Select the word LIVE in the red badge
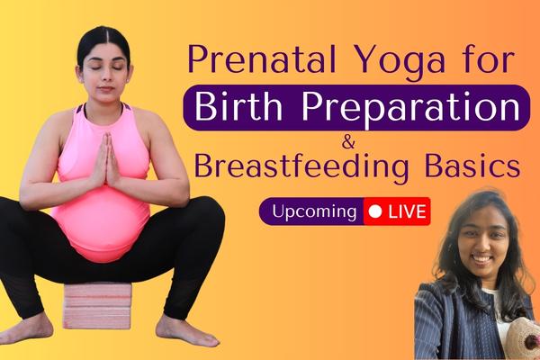[x=405, y=211]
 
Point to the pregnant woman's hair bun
[x=102, y=36]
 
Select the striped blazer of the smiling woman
[x=441, y=324]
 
